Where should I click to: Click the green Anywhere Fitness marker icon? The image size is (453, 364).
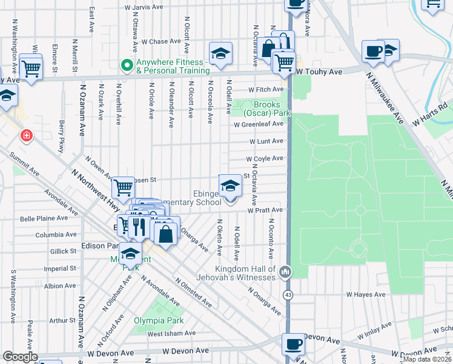pos(127,66)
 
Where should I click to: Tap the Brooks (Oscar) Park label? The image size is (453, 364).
pos(267,109)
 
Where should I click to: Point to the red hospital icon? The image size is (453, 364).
pos(26,135)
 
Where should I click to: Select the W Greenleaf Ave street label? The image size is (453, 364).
pos(259,124)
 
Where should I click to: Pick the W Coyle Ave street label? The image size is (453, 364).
pos(265,158)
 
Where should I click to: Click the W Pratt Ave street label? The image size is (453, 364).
pos(265,210)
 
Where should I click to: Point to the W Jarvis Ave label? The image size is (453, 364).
pos(144,8)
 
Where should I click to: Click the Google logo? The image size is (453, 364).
pos(19,357)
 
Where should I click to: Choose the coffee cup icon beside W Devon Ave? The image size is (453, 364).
pos(294,344)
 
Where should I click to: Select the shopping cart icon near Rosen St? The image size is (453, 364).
pos(123,187)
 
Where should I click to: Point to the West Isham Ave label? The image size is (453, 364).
pos(171,333)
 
